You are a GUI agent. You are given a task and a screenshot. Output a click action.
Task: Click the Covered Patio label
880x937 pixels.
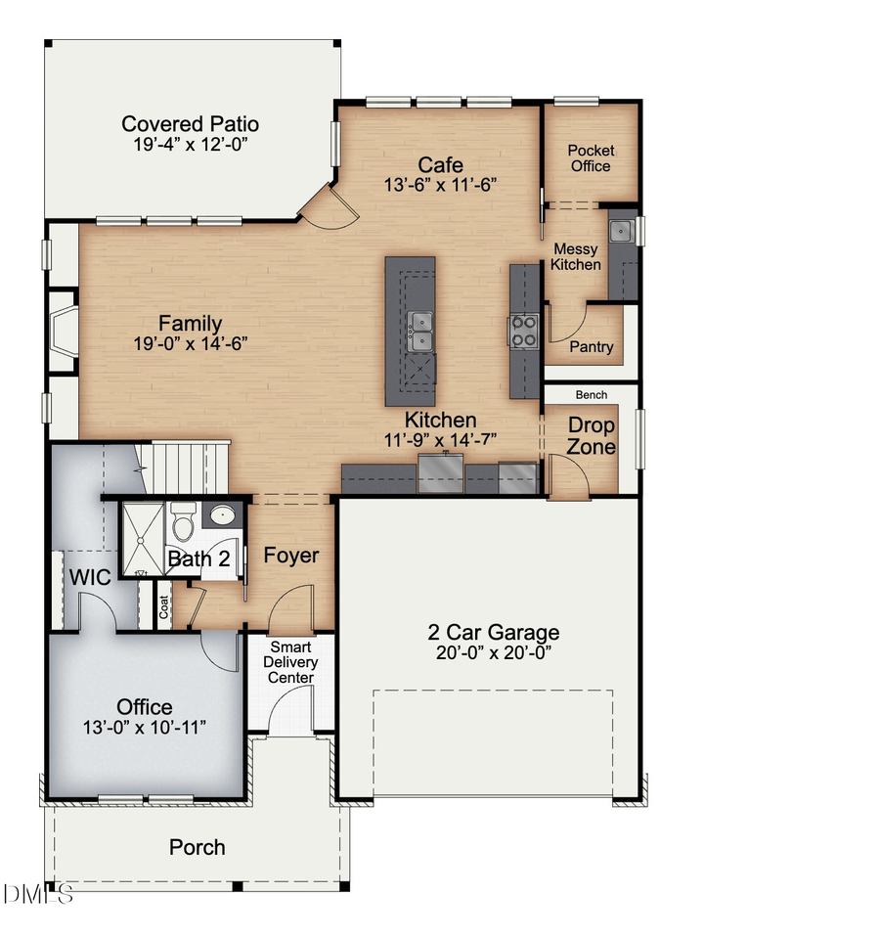coord(190,124)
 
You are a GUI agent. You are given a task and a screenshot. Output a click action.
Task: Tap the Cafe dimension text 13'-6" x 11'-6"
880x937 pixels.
coord(440,185)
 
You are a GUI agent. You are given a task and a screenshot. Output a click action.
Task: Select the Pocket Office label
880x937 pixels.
coord(591,158)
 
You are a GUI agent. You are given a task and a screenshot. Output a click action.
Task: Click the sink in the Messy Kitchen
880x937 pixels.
coord(620,232)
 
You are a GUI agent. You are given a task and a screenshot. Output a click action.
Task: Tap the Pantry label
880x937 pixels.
coord(592,347)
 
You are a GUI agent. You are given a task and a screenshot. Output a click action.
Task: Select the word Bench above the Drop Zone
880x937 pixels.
coord(591,395)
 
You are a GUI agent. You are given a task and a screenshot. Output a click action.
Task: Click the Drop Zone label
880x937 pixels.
coord(592,436)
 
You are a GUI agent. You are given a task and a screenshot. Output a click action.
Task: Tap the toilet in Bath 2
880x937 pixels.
coord(183,522)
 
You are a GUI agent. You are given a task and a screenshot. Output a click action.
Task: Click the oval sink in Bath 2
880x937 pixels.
coord(224,514)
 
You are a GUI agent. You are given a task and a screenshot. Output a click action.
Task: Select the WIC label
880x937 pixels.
coord(89,576)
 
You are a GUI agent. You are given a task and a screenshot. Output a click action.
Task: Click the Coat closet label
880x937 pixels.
coord(164,607)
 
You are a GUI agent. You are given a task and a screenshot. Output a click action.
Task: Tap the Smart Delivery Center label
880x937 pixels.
coord(290,662)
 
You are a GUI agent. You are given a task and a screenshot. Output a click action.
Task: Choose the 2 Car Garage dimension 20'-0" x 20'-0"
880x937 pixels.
coord(493,653)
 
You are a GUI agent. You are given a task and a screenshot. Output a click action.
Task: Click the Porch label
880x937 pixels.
coord(198,847)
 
